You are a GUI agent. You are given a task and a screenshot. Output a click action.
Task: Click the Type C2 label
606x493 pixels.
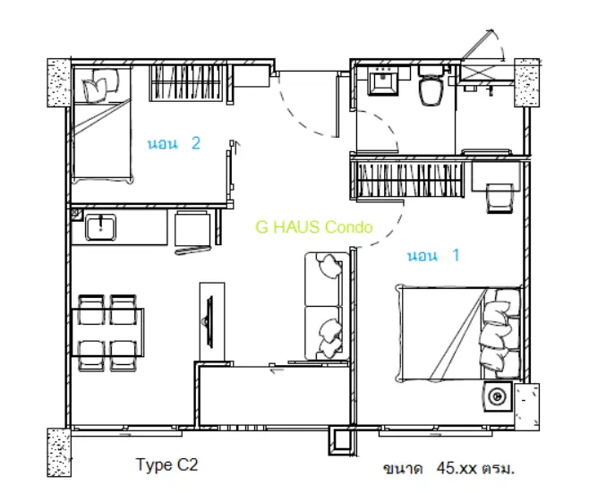(x=166, y=464)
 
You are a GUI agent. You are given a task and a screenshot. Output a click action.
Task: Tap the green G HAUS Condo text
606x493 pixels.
(x=314, y=227)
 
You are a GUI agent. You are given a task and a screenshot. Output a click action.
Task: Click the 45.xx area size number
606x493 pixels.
(x=457, y=468)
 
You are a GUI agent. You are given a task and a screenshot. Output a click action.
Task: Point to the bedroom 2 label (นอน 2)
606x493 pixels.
(x=175, y=143)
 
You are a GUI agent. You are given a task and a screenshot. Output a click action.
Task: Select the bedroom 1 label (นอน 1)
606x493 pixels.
(x=433, y=255)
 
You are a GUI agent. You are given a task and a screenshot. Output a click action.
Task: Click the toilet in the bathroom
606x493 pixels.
(x=431, y=85)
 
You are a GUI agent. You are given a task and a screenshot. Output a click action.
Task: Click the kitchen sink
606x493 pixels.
(x=100, y=228)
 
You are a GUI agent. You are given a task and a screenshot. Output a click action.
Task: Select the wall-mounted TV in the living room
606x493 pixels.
(x=209, y=321)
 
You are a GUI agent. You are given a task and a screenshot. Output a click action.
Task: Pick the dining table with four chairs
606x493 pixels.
(x=108, y=333)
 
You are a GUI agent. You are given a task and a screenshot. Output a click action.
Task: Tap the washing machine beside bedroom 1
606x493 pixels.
(x=498, y=396)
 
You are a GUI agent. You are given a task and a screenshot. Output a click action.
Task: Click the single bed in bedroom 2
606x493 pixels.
(x=102, y=124)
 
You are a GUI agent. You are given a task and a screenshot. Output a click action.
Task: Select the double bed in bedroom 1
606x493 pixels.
(x=458, y=333)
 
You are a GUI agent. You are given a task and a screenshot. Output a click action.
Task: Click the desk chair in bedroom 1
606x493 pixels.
(x=500, y=199)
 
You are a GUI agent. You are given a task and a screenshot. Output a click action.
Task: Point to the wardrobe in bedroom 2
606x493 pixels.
(x=186, y=83)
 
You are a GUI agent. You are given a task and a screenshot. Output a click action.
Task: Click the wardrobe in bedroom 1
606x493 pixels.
(x=408, y=179)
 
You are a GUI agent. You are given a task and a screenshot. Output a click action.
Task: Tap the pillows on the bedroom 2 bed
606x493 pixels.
(x=100, y=85)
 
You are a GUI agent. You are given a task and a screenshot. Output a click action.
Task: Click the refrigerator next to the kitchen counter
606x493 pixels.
(x=192, y=229)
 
